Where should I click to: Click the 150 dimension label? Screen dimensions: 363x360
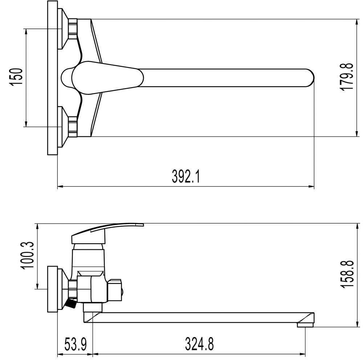click(x=16, y=77)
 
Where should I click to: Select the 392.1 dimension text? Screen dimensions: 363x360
click(x=185, y=177)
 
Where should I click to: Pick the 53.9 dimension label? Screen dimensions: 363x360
click(x=76, y=344)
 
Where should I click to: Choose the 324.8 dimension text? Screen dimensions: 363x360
click(x=199, y=344)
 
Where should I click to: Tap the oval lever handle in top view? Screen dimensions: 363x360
click(x=107, y=78)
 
